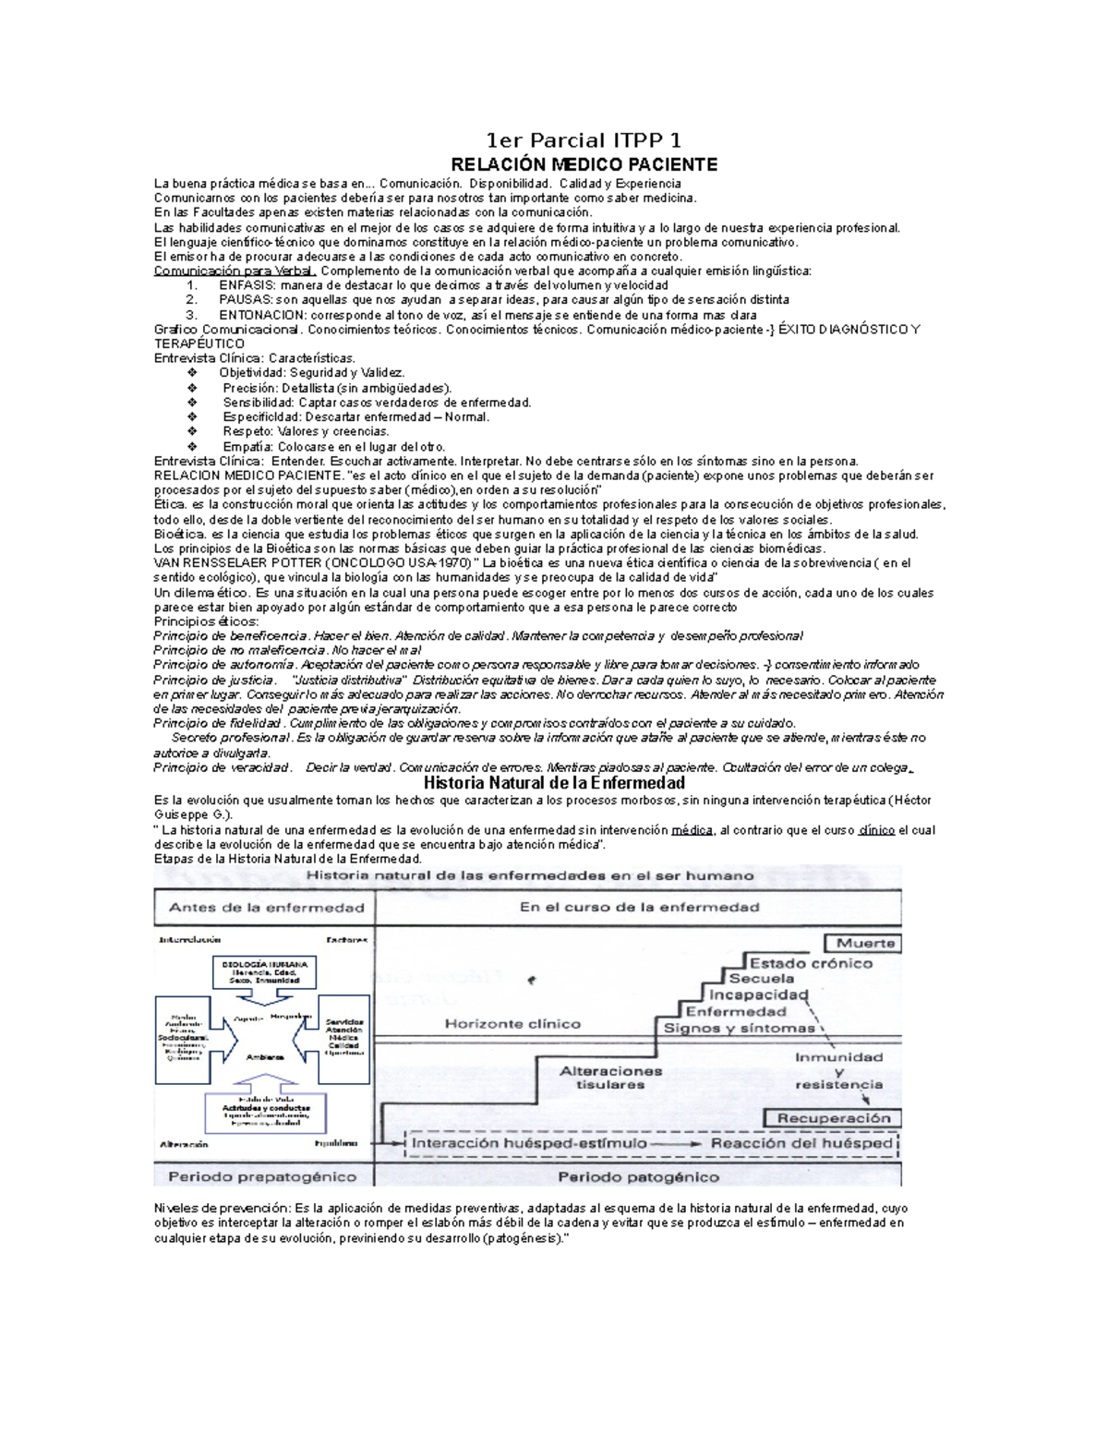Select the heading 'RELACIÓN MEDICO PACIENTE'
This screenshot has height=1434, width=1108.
tap(583, 165)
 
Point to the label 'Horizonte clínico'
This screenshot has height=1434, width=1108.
tap(512, 1023)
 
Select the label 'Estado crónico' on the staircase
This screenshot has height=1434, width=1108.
tap(811, 963)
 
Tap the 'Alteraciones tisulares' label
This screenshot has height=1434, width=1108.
tap(610, 1078)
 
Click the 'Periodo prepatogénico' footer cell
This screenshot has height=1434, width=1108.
tap(262, 1176)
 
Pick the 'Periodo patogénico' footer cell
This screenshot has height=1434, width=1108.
tap(638, 1176)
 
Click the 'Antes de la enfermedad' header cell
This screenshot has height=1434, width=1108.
tap(266, 907)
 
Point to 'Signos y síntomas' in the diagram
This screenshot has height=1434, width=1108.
tap(739, 1028)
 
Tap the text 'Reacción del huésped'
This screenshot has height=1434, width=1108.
tap(801, 1143)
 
